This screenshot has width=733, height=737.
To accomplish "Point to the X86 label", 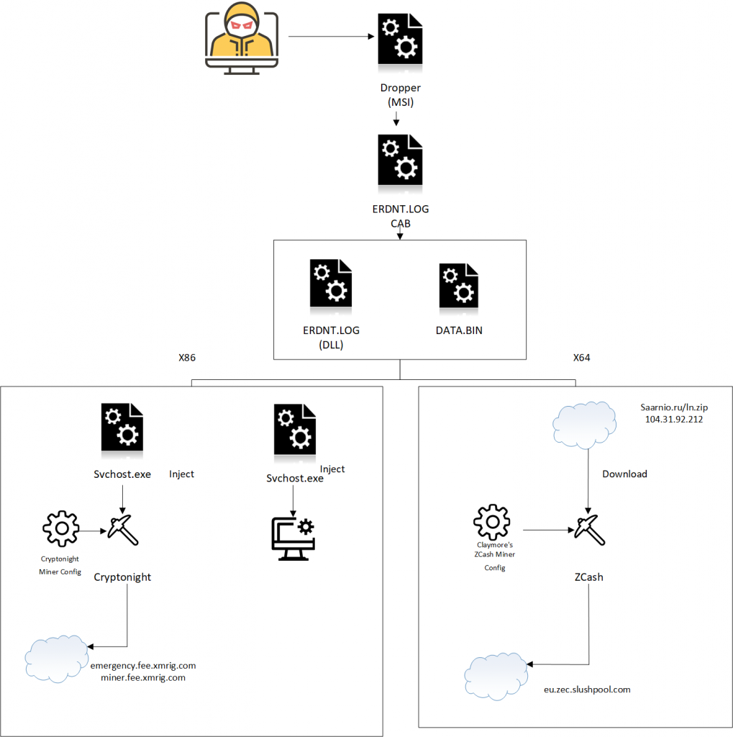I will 187,357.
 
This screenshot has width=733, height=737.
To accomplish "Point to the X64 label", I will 583,357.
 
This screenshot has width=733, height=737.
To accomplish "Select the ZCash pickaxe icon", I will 589,530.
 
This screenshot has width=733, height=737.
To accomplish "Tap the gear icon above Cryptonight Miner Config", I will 61,529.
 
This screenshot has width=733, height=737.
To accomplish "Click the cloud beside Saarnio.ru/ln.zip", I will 586,420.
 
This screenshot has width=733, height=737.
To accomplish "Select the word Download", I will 624,474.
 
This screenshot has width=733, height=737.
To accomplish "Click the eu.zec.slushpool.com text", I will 587,689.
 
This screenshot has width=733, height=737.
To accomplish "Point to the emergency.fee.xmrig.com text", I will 143,666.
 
